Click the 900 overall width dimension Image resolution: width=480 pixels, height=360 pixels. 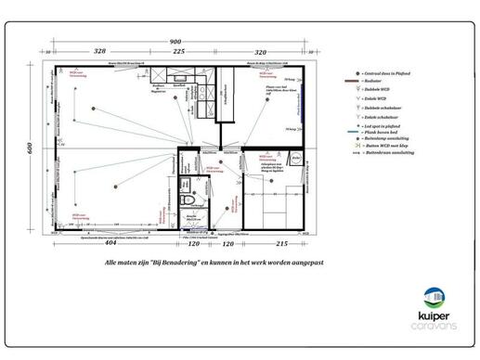(x=175, y=43)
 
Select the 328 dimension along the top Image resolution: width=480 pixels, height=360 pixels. (x=101, y=52)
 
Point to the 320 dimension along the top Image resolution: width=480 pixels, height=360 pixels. (x=261, y=52)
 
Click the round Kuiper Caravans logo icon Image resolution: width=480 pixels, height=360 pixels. (x=433, y=299)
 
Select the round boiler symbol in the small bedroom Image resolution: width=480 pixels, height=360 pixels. (x=294, y=160)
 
